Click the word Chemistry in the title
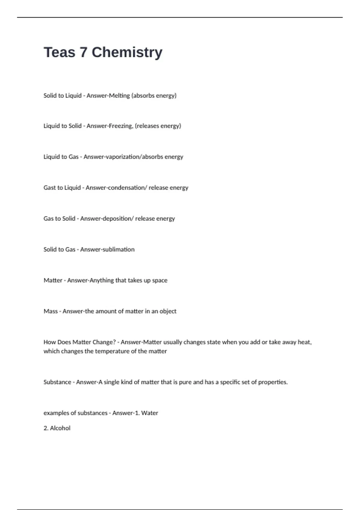tap(127, 52)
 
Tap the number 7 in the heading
tap(83, 52)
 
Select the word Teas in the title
tap(59, 52)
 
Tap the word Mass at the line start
tap(50, 311)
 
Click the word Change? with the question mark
tap(104, 342)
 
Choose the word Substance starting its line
tap(57, 382)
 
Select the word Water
tap(150, 413)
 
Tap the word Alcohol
tap(60, 428)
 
